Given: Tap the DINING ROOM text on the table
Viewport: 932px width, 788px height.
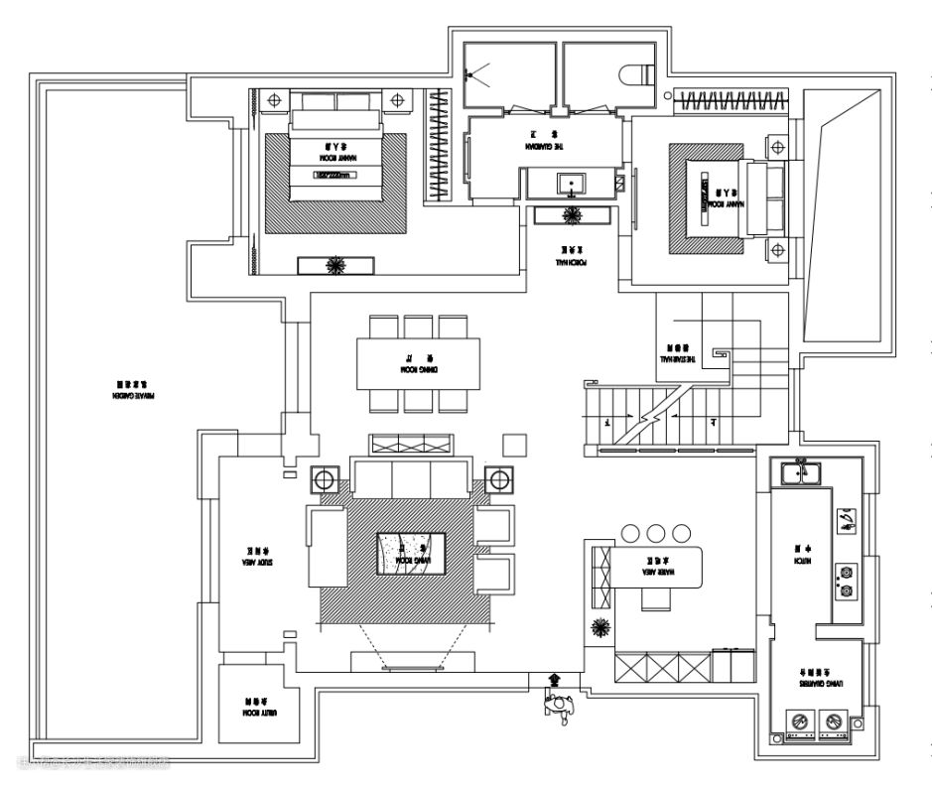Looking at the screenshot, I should tap(418, 368).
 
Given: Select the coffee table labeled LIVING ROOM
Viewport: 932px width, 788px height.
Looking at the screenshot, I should tap(408, 554).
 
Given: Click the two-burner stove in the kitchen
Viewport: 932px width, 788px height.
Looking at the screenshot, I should tap(847, 582).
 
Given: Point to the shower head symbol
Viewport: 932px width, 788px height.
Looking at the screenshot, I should tap(477, 72).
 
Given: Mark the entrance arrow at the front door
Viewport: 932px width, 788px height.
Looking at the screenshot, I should tap(554, 680).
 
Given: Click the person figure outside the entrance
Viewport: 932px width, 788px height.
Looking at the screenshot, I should tap(560, 706).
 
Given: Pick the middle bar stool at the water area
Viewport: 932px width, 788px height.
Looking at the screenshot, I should tap(654, 534).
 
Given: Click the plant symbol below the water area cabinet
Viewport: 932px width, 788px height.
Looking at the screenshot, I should tap(599, 626).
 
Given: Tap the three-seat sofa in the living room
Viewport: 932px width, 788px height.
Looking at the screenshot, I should tap(410, 479).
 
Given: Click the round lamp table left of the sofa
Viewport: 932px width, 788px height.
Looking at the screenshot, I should tap(325, 481).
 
